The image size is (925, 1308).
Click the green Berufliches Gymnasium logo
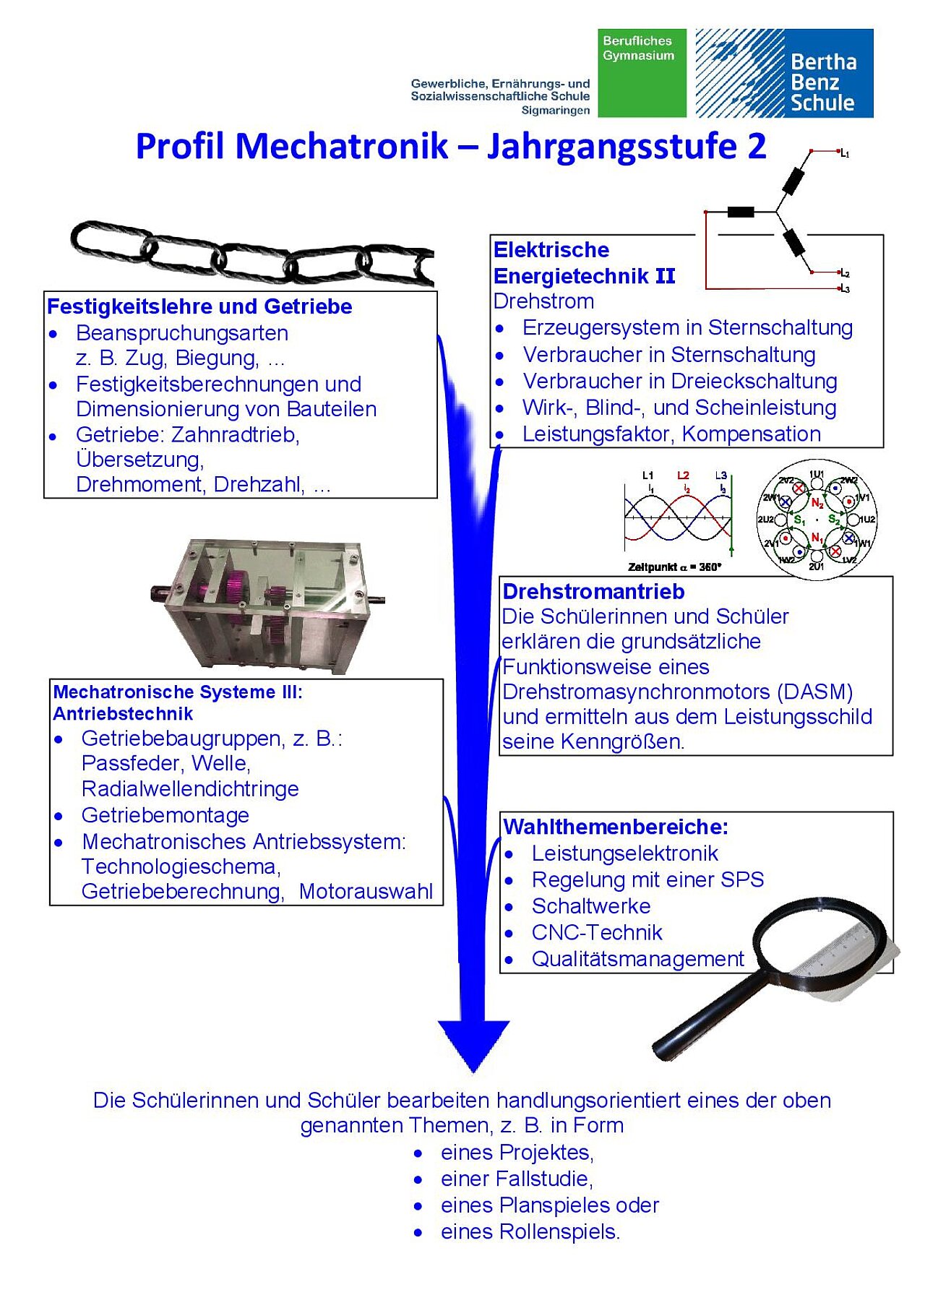tap(642, 73)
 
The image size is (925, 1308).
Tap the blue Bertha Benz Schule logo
tap(784, 73)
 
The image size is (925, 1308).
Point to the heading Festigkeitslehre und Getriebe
tap(199, 306)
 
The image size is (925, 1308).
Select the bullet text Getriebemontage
tap(165, 815)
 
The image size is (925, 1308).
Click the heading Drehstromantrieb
tap(593, 591)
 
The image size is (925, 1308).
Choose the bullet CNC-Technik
tap(597, 932)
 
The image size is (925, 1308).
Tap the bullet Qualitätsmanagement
tap(637, 959)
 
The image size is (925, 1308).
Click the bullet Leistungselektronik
tap(625, 853)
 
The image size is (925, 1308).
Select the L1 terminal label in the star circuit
tap(844, 153)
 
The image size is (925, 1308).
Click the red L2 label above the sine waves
tap(683, 476)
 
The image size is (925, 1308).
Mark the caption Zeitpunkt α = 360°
tap(674, 567)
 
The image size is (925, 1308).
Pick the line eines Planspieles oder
tap(550, 1205)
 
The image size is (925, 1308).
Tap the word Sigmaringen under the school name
tap(556, 111)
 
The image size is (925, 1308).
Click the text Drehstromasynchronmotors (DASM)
tap(677, 692)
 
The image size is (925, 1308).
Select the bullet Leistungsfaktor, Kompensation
tap(671, 434)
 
